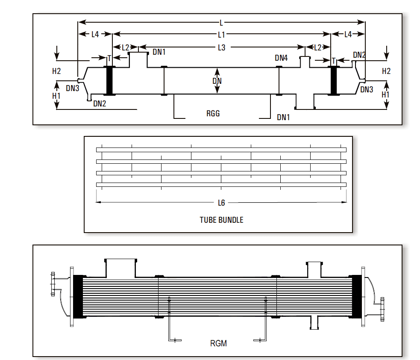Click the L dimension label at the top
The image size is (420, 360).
[221, 23]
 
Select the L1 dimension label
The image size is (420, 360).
[221, 35]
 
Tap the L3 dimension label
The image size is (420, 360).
[221, 48]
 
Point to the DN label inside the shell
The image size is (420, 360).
[217, 81]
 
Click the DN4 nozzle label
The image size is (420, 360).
[281, 58]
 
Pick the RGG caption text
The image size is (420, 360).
[213, 113]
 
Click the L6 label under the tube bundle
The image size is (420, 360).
[221, 203]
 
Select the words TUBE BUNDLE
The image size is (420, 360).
[221, 220]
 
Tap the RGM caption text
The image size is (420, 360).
[218, 343]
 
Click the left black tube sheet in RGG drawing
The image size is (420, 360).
[109, 80]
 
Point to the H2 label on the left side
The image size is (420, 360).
[56, 71]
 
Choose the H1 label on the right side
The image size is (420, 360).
[385, 94]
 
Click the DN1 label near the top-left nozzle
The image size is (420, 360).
[159, 52]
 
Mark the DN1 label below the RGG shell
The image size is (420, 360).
[283, 118]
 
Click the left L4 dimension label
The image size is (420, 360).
[95, 34]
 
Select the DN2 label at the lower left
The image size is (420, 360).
[100, 103]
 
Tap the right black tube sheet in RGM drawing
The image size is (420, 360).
[356, 297]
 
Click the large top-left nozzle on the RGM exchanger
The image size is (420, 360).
[120, 268]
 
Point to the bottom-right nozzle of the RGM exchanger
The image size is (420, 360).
[314, 322]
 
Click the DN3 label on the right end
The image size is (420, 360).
[367, 89]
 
